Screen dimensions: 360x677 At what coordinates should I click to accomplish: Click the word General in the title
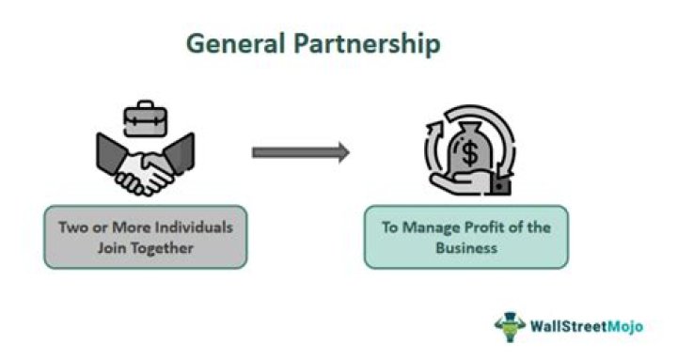point(228,43)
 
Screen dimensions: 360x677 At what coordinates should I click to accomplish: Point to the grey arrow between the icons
point(300,151)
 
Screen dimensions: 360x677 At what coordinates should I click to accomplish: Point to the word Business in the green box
point(467,250)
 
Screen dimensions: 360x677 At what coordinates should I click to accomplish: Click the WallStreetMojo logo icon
point(510,326)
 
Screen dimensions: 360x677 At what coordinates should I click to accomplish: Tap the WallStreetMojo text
point(587,328)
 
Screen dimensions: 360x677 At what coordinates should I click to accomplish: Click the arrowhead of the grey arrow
point(340,151)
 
